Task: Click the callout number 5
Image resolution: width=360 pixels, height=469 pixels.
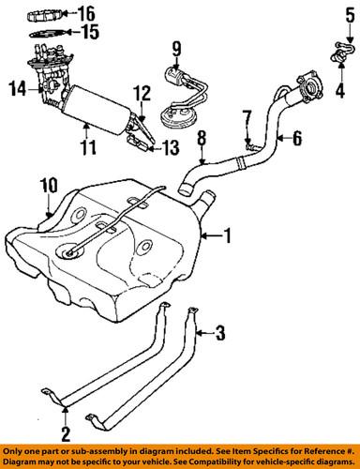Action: [338, 12]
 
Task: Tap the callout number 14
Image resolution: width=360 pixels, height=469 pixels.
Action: [16, 89]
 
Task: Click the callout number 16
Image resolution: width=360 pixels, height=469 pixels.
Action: [89, 13]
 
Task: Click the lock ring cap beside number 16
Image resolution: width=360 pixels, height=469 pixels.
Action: [47, 14]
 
